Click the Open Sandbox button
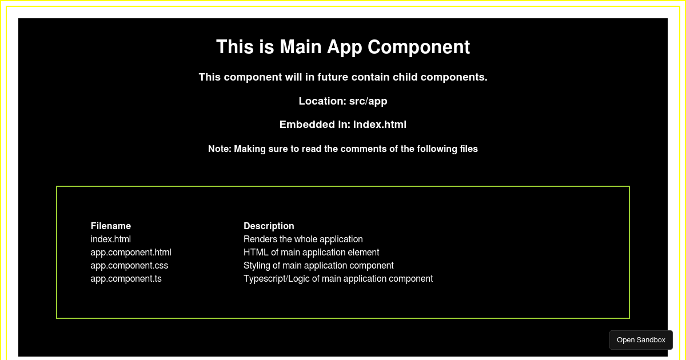coord(641,340)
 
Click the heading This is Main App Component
coord(343,47)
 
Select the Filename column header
coord(111,226)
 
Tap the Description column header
coord(269,226)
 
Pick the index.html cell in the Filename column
coord(111,239)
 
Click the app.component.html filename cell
coord(131,252)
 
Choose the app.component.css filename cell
coord(130,265)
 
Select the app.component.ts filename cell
coord(126,279)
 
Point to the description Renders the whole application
coord(303,239)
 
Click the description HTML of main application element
coord(312,252)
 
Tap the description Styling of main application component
coord(318,265)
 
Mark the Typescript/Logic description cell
coord(338,279)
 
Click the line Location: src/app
coord(343,101)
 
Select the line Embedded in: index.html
coord(343,125)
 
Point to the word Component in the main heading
coord(418,47)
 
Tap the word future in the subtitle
coord(333,77)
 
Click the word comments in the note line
coord(364,149)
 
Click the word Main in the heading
coord(301,47)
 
